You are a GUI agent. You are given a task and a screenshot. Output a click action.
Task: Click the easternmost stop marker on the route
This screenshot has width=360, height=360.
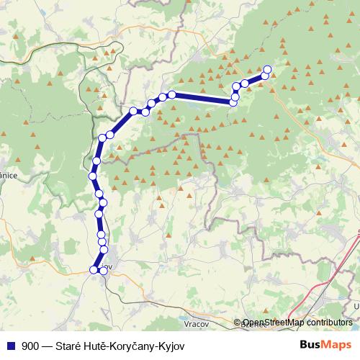pyautogui.click(x=267, y=70)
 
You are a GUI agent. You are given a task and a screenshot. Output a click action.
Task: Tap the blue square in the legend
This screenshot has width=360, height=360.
pyautogui.click(x=12, y=344)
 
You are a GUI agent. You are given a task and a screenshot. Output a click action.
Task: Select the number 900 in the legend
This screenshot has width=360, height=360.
pyautogui.click(x=30, y=344)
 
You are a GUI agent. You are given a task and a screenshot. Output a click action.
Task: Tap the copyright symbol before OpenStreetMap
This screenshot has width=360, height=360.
pyautogui.click(x=238, y=323)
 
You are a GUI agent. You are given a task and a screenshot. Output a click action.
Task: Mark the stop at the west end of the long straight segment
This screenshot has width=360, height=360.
pyautogui.click(x=172, y=94)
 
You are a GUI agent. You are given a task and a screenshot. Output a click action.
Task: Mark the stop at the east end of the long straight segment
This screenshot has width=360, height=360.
pyautogui.click(x=233, y=103)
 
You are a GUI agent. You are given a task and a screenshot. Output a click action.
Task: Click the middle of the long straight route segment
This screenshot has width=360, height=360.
pyautogui.click(x=203, y=99)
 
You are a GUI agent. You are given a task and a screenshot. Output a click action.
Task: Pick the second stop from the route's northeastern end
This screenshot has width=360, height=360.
pyautogui.click(x=265, y=76)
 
